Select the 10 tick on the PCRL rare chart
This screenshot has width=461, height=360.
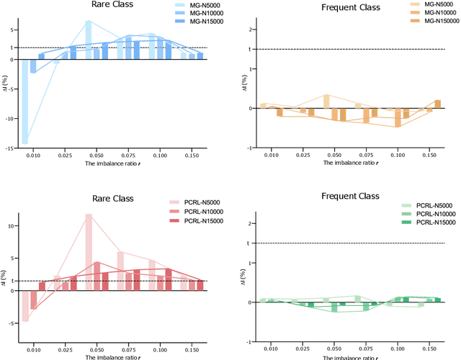click(x=10, y=225)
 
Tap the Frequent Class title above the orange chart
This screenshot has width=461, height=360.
click(x=344, y=9)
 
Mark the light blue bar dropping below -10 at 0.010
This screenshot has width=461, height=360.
click(x=25, y=102)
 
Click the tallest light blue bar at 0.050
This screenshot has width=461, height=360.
click(x=88, y=40)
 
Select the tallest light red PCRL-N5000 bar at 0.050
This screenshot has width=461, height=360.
click(x=88, y=252)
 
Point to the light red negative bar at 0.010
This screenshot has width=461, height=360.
click(x=25, y=306)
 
